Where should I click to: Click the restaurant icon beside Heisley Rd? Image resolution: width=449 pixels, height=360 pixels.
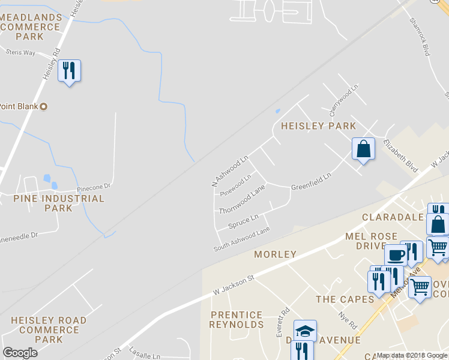pos(69,71)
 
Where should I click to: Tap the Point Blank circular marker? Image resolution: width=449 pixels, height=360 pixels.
pos(43,107)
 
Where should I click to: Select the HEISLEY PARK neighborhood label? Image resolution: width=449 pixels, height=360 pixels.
pos(318,126)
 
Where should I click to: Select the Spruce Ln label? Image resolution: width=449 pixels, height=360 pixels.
pos(243,221)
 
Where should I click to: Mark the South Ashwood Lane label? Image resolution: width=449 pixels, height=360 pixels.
pos(242,239)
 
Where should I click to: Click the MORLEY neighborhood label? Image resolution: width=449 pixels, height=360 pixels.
pos(275,254)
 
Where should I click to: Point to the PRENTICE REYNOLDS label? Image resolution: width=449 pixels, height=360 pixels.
pos(237,320)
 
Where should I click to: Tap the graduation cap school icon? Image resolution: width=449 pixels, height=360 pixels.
pos(305,331)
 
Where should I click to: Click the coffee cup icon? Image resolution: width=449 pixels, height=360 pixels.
pos(396,255)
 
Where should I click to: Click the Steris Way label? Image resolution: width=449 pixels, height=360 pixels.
pos(20,53)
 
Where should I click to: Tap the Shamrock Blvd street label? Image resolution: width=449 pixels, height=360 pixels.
pos(421,36)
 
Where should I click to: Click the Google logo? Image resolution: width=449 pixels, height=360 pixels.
pos(20,353)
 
